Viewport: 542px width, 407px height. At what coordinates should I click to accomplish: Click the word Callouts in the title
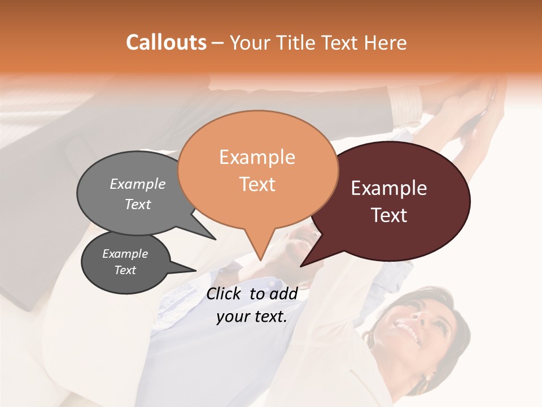[x=166, y=43]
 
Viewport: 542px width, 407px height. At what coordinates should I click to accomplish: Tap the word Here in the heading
[x=386, y=43]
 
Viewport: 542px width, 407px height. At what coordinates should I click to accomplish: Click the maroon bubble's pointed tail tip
[x=301, y=266]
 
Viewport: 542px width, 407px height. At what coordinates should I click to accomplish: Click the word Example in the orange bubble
[x=257, y=157]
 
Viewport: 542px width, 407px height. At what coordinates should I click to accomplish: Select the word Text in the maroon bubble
[x=390, y=215]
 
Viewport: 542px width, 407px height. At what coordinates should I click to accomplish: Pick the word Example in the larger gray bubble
[x=138, y=184]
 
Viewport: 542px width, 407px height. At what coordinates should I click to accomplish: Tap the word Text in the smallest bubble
[x=125, y=270]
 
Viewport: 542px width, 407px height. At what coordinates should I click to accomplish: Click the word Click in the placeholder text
[x=224, y=293]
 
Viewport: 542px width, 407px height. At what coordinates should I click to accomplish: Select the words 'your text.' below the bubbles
[x=252, y=317]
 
